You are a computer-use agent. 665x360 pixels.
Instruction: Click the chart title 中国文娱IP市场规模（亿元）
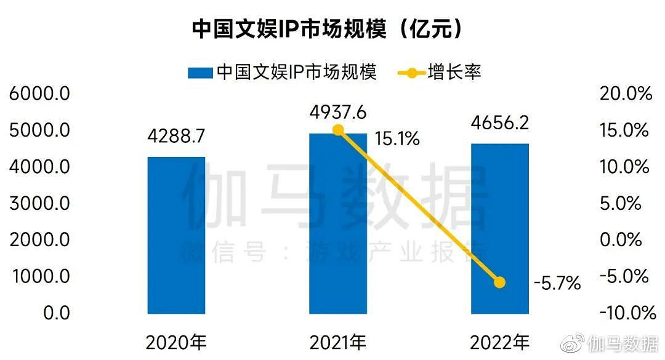tap(327, 29)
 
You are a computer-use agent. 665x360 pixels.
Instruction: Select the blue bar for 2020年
tap(176, 235)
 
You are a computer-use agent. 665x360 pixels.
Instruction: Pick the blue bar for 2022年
tap(499, 228)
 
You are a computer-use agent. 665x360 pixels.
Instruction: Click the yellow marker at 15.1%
tap(338, 130)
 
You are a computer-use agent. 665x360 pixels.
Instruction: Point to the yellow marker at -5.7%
tap(499, 282)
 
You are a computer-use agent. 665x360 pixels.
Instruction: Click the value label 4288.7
tap(176, 137)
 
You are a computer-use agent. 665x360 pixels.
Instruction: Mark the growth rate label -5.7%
tap(557, 283)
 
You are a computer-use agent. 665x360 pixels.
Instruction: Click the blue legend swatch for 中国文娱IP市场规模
tap(199, 73)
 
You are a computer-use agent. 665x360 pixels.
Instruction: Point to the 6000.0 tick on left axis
tap(40, 94)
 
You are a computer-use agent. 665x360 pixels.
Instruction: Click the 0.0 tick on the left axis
tap(56, 313)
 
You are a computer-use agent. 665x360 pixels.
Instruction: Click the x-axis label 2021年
tap(338, 342)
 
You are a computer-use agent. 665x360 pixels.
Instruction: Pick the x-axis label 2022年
tap(499, 342)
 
